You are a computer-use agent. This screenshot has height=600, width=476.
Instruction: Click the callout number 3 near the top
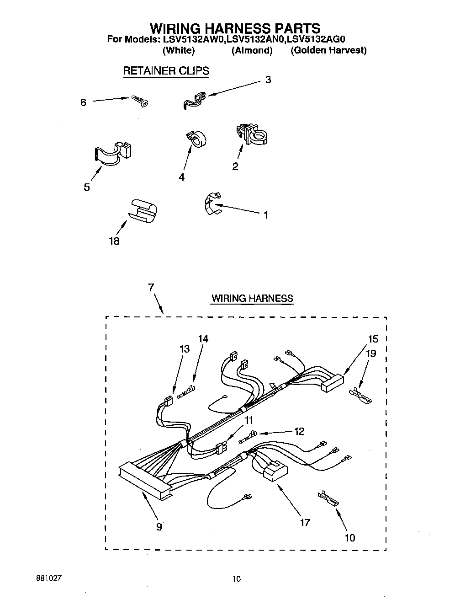pos(268,80)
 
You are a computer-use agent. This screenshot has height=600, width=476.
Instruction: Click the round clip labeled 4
pos(196,139)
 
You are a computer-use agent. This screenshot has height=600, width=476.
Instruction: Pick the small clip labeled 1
pos(211,203)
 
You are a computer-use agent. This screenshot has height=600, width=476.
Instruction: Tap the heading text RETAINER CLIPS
pos(166,71)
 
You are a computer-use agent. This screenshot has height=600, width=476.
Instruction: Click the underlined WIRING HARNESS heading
pos(252,299)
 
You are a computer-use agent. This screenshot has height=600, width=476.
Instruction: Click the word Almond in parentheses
pos(252,50)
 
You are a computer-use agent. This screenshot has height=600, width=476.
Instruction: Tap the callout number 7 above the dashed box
pos(151,287)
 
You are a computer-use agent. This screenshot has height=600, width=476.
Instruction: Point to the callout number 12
pos(299,431)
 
